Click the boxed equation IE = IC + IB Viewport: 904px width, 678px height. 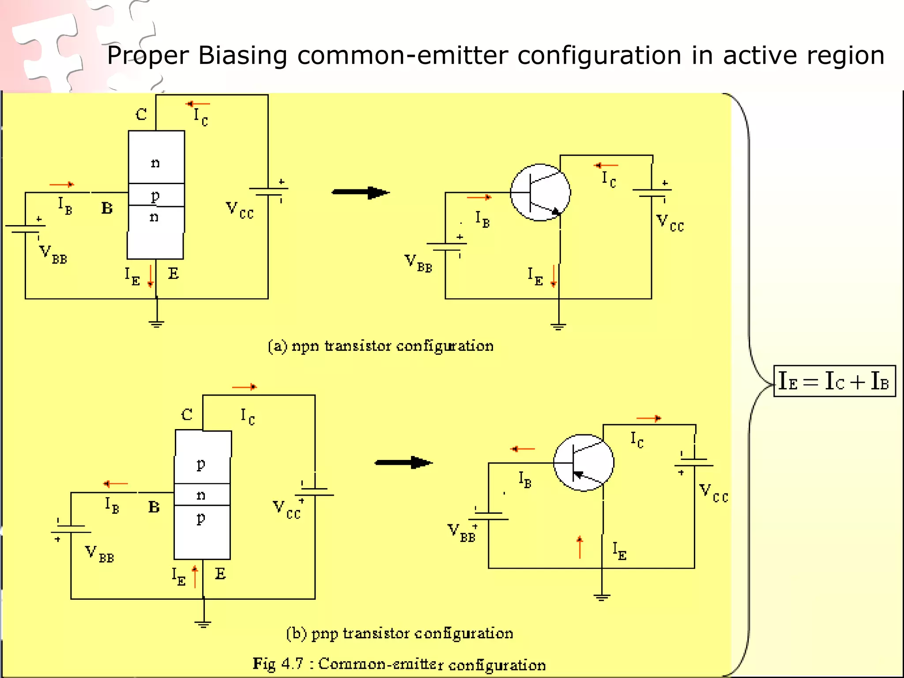pos(834,381)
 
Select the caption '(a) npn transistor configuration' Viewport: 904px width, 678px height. pos(380,346)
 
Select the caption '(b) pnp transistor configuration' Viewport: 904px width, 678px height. pos(399,633)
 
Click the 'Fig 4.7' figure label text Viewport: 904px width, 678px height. pos(278,663)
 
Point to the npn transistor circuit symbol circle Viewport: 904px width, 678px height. pos(540,192)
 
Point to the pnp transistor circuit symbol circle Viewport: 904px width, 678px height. pos(583,463)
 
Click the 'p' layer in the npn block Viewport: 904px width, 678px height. pos(156,195)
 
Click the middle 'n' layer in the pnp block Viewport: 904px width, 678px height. pos(202,495)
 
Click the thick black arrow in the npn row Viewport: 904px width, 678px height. pos(360,192)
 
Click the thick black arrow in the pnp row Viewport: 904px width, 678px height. pos(403,463)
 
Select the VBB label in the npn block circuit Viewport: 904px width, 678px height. pos(53,255)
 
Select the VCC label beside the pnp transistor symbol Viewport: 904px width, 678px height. pos(713,493)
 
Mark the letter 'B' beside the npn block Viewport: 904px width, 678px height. pos(107,208)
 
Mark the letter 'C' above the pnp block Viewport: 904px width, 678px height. pos(187,414)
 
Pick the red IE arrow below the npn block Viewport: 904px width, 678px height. pos(151,276)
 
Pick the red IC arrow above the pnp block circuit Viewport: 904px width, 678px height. pos(244,387)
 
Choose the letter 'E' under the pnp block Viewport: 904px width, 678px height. pos(220,574)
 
